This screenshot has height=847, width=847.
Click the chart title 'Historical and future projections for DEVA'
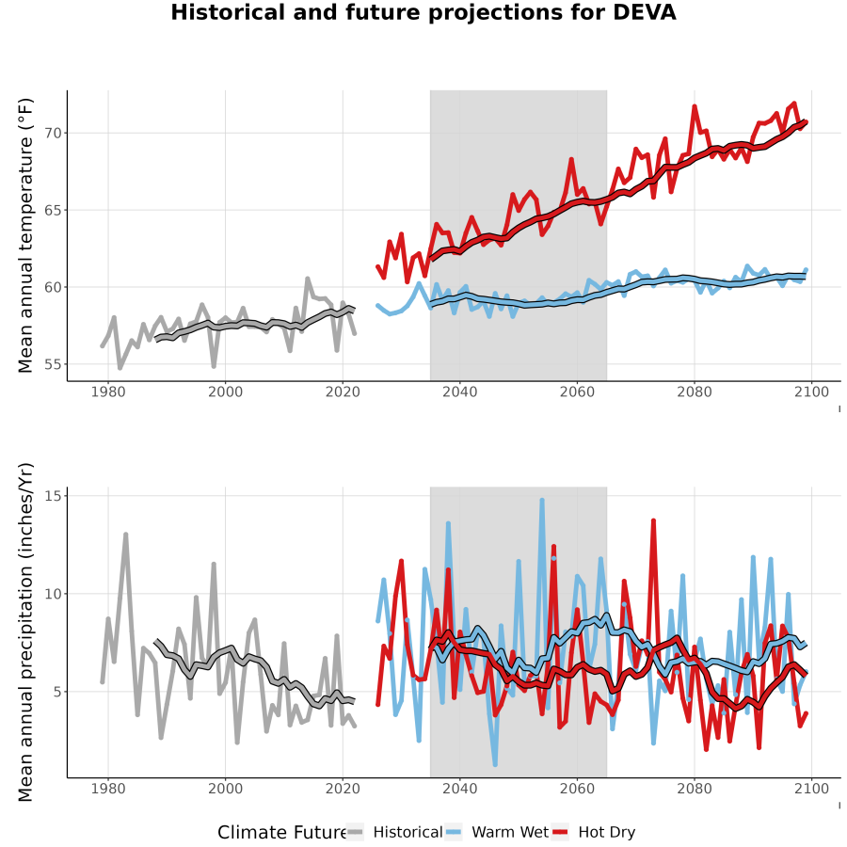point(423,13)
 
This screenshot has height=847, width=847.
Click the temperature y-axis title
point(25,235)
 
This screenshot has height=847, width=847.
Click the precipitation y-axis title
point(25,632)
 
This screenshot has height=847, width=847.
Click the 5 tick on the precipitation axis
point(57,692)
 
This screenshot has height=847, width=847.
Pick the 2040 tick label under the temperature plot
point(459,392)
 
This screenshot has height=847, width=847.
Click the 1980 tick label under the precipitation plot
point(108,789)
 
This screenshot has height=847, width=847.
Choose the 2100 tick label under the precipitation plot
point(811,789)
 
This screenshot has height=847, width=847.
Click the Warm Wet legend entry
point(497,832)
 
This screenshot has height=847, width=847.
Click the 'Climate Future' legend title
point(281,833)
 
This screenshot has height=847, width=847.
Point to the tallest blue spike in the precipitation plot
point(542,501)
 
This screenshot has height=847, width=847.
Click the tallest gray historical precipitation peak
point(126,535)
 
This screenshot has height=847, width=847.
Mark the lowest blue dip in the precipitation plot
point(495,764)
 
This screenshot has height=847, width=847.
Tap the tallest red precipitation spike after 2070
point(653,520)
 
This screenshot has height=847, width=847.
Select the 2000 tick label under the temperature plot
point(225,392)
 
